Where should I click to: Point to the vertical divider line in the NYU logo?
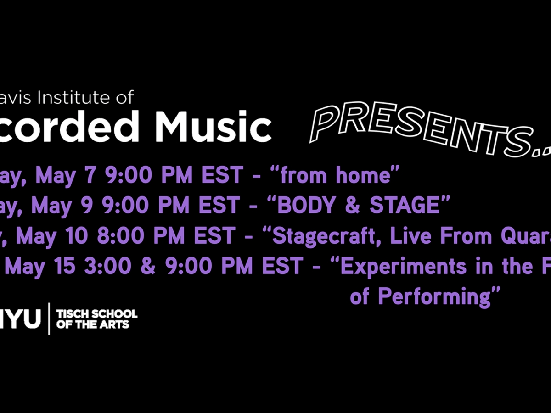click(49, 319)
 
